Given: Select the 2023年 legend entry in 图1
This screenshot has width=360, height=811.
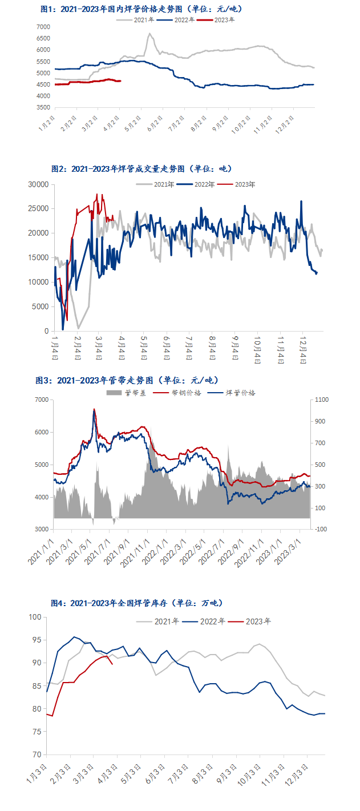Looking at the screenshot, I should tap(224, 19).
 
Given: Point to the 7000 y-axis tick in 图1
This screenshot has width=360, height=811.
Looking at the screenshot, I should tap(42, 27).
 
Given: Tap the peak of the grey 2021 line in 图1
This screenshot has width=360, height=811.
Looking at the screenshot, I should tap(149, 34).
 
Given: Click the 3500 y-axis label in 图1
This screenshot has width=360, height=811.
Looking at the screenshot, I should tap(42, 107).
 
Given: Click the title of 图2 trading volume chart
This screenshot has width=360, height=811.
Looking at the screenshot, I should tap(142, 169).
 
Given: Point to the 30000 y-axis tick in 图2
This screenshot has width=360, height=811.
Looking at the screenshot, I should tap(38, 184).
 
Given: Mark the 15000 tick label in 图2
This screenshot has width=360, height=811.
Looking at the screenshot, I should tap(38, 258).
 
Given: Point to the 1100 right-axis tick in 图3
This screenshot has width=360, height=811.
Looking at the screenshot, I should tap(321, 400).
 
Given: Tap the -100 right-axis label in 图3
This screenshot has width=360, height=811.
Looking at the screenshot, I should tap(320, 530).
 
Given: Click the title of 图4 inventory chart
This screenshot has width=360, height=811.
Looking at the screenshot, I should tap(137, 603).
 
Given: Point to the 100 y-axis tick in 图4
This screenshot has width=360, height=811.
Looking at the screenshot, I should tap(37, 617).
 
